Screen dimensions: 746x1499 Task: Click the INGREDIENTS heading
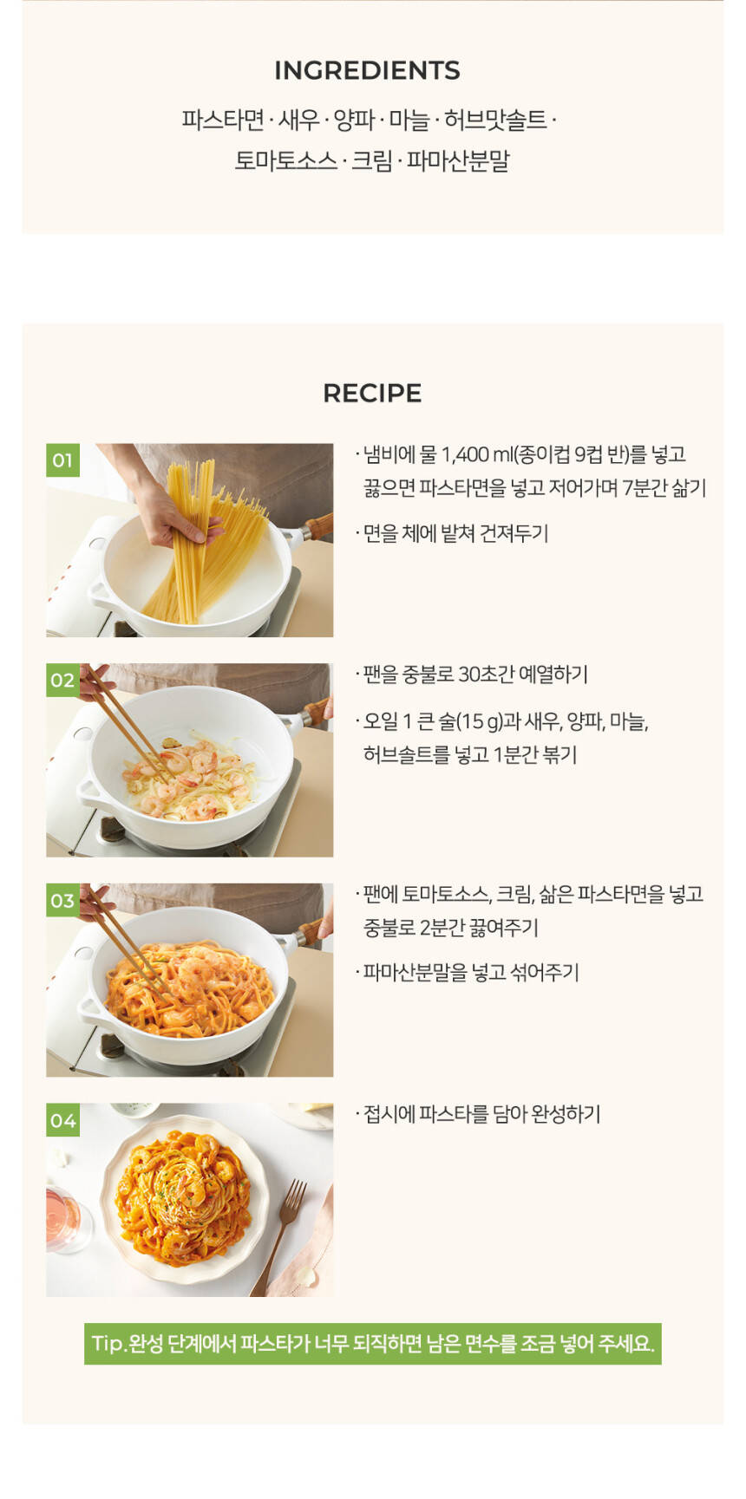[x=367, y=70]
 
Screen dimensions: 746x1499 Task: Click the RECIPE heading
[x=372, y=393]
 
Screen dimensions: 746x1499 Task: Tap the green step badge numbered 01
[x=62, y=459]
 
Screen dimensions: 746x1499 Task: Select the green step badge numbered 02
[x=62, y=680]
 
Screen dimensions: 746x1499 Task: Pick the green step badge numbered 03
[x=62, y=900]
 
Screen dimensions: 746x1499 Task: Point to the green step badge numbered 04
[x=62, y=1120]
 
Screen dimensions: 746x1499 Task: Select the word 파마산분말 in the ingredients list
[x=459, y=160]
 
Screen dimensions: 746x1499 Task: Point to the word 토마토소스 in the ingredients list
[x=286, y=160]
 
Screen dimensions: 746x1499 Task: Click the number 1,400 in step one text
[x=465, y=454]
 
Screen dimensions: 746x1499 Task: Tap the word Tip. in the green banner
[x=108, y=1344]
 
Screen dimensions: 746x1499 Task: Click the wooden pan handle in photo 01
[x=317, y=525]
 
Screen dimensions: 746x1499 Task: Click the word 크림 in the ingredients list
[x=372, y=160]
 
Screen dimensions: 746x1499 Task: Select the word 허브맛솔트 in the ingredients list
[x=495, y=120]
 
